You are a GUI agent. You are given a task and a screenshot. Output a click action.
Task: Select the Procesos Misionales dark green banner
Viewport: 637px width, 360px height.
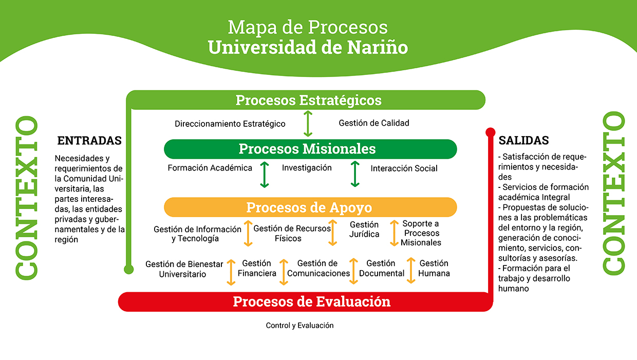coord(310,149)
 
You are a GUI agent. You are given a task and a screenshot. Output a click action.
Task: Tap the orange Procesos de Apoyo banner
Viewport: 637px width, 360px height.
coord(310,207)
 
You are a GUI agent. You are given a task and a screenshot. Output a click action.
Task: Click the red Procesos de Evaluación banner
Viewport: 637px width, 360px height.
coord(306,301)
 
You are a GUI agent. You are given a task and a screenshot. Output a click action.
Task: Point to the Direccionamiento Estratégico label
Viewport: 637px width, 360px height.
coord(230,124)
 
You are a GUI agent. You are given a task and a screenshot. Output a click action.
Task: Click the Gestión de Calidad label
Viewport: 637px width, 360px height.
coord(373,123)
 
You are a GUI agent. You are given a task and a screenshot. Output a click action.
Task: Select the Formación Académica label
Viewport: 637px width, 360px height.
coord(210,168)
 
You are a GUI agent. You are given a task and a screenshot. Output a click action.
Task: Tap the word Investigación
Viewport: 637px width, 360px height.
coord(307,168)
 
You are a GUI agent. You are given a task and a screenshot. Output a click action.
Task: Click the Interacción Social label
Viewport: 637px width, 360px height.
coord(404,168)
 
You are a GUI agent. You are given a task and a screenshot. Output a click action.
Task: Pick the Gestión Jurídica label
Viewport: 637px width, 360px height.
coord(364,229)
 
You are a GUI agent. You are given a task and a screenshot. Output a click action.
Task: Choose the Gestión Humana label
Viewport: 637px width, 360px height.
coord(434,268)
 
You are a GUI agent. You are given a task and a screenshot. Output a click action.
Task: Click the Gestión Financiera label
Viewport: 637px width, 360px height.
coord(257,268)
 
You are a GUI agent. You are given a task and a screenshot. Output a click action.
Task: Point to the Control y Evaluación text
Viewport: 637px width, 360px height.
coord(299,325)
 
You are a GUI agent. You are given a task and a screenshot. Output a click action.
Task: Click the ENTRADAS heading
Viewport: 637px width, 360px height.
coord(89,141)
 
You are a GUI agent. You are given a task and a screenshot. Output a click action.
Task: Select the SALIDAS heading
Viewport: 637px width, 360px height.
coord(523,140)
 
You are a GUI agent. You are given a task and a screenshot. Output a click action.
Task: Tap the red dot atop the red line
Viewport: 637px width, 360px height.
coord(490,132)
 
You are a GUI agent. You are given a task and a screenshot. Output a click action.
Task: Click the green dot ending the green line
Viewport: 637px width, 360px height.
coord(129,269)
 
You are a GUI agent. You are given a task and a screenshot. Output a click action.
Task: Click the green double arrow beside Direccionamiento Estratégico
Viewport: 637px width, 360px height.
coord(308,124)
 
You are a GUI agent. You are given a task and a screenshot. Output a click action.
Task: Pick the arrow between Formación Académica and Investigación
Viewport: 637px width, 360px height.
coord(265,175)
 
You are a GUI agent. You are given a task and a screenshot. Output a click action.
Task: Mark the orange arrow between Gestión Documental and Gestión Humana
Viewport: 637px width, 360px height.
coord(411,271)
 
